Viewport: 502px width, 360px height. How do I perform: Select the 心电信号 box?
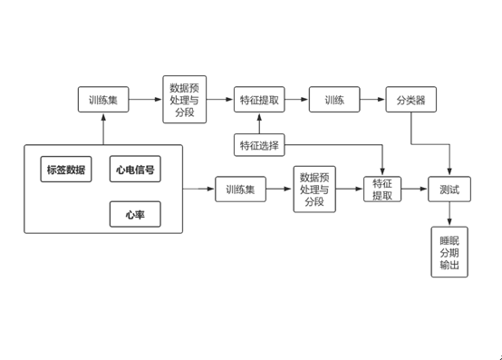point(135,170)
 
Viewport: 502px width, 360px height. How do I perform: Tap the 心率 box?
point(135,215)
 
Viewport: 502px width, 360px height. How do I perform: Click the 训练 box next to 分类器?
point(334,100)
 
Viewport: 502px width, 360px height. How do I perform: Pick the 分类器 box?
point(411,100)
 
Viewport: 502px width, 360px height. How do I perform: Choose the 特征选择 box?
point(259,145)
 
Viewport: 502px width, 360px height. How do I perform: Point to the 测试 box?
point(450,190)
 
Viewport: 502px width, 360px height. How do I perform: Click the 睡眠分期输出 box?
point(449,252)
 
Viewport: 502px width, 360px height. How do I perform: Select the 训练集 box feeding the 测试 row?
point(241,190)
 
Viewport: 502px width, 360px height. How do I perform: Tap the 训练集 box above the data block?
point(103,100)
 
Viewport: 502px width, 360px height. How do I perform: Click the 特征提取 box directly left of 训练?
point(259,100)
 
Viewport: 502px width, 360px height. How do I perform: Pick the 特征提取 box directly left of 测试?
point(381,190)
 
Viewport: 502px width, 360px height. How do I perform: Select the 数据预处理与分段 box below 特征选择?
point(314,190)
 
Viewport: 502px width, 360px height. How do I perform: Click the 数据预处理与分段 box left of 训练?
point(186,100)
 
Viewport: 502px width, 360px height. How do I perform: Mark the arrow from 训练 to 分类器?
point(372,100)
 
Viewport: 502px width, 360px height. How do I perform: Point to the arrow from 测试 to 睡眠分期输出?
point(450,216)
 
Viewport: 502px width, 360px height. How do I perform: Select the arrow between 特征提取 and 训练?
point(296,100)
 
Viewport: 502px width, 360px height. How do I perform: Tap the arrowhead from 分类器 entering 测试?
point(450,172)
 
